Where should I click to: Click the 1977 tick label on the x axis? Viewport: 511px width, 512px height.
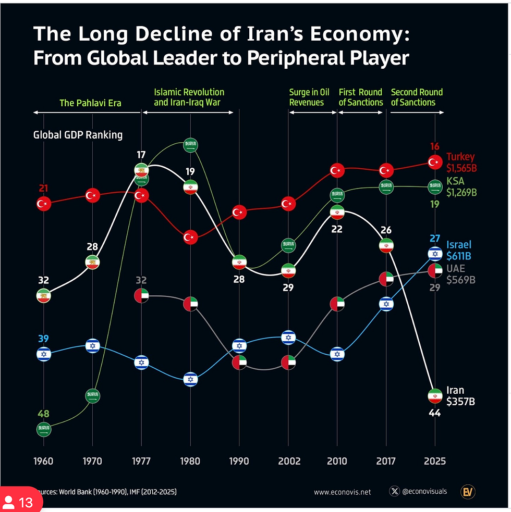pos(141,461)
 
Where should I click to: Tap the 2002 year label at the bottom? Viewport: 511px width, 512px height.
pos(288,461)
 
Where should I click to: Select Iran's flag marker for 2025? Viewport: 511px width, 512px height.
pos(434,396)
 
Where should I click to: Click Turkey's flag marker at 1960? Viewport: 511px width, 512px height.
pos(44,204)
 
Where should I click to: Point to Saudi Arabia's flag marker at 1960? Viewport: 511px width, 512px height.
pos(44,430)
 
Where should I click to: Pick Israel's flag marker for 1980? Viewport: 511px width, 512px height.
pos(190,380)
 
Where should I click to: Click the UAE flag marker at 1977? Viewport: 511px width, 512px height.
pos(141,296)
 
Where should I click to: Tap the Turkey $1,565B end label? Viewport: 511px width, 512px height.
pos(461,163)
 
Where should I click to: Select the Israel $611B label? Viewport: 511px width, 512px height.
pos(459,251)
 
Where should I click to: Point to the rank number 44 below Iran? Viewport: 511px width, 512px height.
pos(434,414)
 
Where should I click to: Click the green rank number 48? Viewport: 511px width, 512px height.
pos(43,414)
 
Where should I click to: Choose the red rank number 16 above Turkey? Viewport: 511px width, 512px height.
pos(434,146)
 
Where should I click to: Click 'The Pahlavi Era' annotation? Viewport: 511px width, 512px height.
pos(90,103)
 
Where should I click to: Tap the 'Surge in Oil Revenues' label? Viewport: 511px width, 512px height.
pos(307,97)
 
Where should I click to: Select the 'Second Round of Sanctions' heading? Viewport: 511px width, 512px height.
pos(416,97)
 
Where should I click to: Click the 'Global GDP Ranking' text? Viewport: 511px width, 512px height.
pos(78,135)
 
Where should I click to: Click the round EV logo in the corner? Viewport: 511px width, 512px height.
pos(468,491)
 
